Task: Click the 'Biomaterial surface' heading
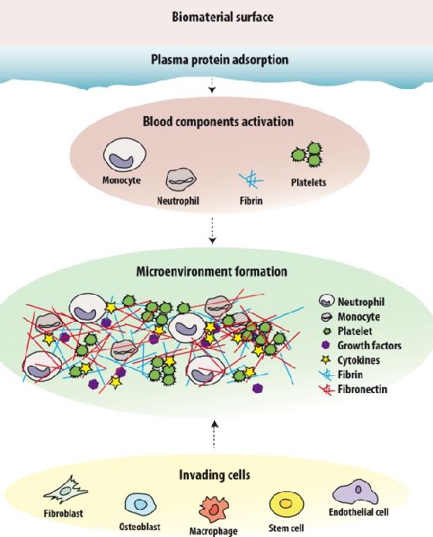coord(223,17)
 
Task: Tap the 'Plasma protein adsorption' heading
coord(220,60)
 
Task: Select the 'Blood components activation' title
coord(218,121)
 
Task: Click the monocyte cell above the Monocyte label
coord(125,155)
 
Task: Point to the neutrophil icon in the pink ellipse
coord(181,179)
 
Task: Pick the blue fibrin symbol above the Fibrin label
coord(251,179)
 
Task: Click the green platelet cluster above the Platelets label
coord(308,155)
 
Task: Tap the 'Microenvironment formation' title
coord(212,272)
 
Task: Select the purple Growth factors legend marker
coord(326,345)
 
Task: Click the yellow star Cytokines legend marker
coord(326,360)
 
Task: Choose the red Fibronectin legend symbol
coord(326,389)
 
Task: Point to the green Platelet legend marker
coord(328,331)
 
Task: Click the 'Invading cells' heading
coord(214,475)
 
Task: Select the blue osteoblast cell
coord(138,505)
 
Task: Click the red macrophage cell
coord(214,509)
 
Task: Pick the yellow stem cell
coord(286,505)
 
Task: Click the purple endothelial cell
coord(355,492)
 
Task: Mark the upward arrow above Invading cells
coord(214,435)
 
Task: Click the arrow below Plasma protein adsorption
coord(213,86)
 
